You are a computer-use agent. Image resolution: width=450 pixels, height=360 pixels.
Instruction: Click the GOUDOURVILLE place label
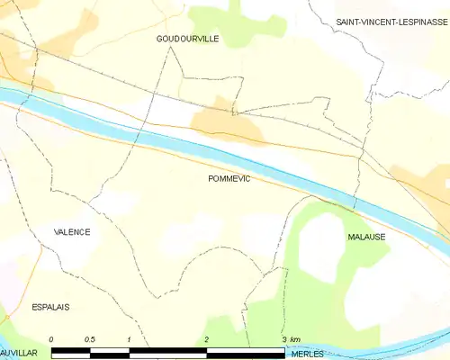[x=187, y=39]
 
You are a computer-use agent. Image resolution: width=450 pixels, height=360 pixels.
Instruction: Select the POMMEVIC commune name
[x=229, y=179]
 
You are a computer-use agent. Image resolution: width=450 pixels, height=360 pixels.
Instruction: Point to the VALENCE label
[x=72, y=231]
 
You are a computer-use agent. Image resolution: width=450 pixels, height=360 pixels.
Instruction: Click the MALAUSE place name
[x=366, y=236]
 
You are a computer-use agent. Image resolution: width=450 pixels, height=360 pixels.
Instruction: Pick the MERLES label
[x=309, y=354]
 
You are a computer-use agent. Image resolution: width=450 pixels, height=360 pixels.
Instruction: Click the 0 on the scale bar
[x=52, y=338]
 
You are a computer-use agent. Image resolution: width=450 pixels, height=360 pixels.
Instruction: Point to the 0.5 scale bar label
[x=90, y=338]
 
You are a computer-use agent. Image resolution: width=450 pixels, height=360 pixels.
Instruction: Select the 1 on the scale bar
[x=130, y=338]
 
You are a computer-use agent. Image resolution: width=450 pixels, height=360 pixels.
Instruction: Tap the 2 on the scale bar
[x=207, y=338]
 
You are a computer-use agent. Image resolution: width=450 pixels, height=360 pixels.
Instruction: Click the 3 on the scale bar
[x=283, y=338]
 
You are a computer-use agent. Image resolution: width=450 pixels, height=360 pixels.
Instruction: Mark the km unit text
[x=295, y=338]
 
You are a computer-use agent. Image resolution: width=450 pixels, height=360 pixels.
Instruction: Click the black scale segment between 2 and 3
[x=246, y=350]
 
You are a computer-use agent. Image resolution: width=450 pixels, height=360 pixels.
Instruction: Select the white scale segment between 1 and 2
[x=168, y=350]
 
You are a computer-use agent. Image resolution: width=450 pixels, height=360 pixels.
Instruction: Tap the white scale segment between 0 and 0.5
[x=71, y=350]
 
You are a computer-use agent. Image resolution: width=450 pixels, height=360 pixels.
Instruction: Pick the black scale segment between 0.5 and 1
[x=110, y=350]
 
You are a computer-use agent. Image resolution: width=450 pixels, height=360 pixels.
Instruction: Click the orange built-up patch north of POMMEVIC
[x=229, y=126]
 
